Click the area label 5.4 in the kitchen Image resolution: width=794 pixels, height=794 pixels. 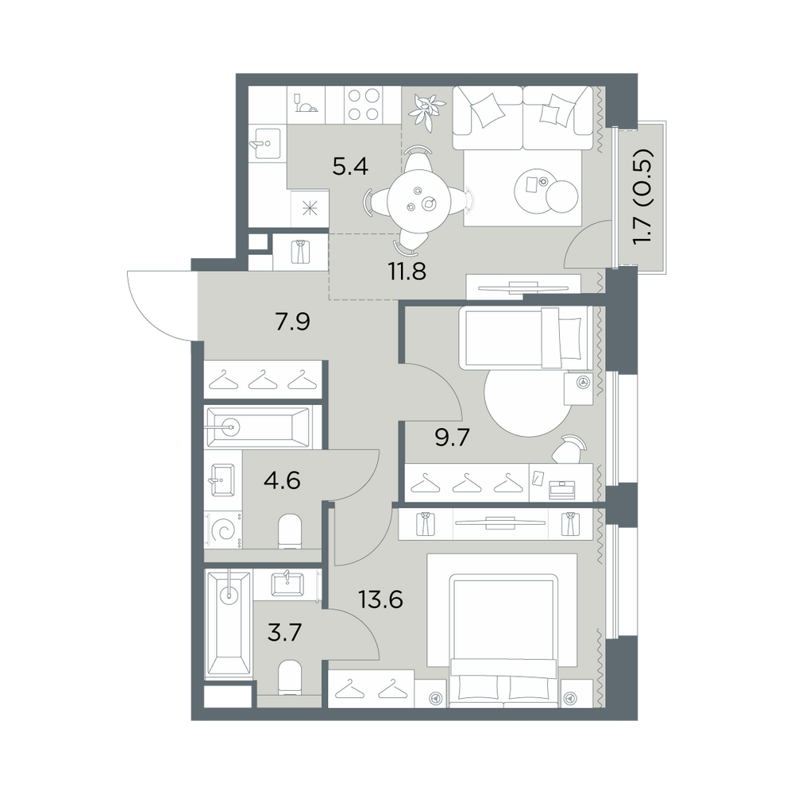tap(350, 166)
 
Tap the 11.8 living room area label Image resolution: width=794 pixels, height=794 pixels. tap(407, 272)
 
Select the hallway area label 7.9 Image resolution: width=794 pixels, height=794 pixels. tap(292, 322)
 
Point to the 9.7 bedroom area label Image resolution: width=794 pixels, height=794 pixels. tap(453, 437)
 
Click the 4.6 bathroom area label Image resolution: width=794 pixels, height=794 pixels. tap(282, 480)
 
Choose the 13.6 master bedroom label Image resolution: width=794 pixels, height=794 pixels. tap(381, 599)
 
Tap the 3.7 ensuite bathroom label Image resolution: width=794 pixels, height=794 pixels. tap(284, 633)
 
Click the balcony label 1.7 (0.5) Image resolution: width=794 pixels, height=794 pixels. tap(643, 196)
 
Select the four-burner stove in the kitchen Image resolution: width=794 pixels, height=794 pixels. tap(363, 104)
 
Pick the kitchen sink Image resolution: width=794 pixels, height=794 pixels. tap(264, 143)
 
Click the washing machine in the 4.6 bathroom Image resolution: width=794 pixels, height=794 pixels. tap(223, 530)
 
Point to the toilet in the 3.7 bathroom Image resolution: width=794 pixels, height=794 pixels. tap(290, 677)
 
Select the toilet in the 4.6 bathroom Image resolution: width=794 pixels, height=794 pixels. tap(290, 532)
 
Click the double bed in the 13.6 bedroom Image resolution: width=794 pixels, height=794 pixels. tap(503, 640)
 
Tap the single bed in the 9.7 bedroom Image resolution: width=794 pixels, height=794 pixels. tap(525, 337)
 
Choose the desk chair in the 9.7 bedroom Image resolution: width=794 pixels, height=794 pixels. tap(569, 449)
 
